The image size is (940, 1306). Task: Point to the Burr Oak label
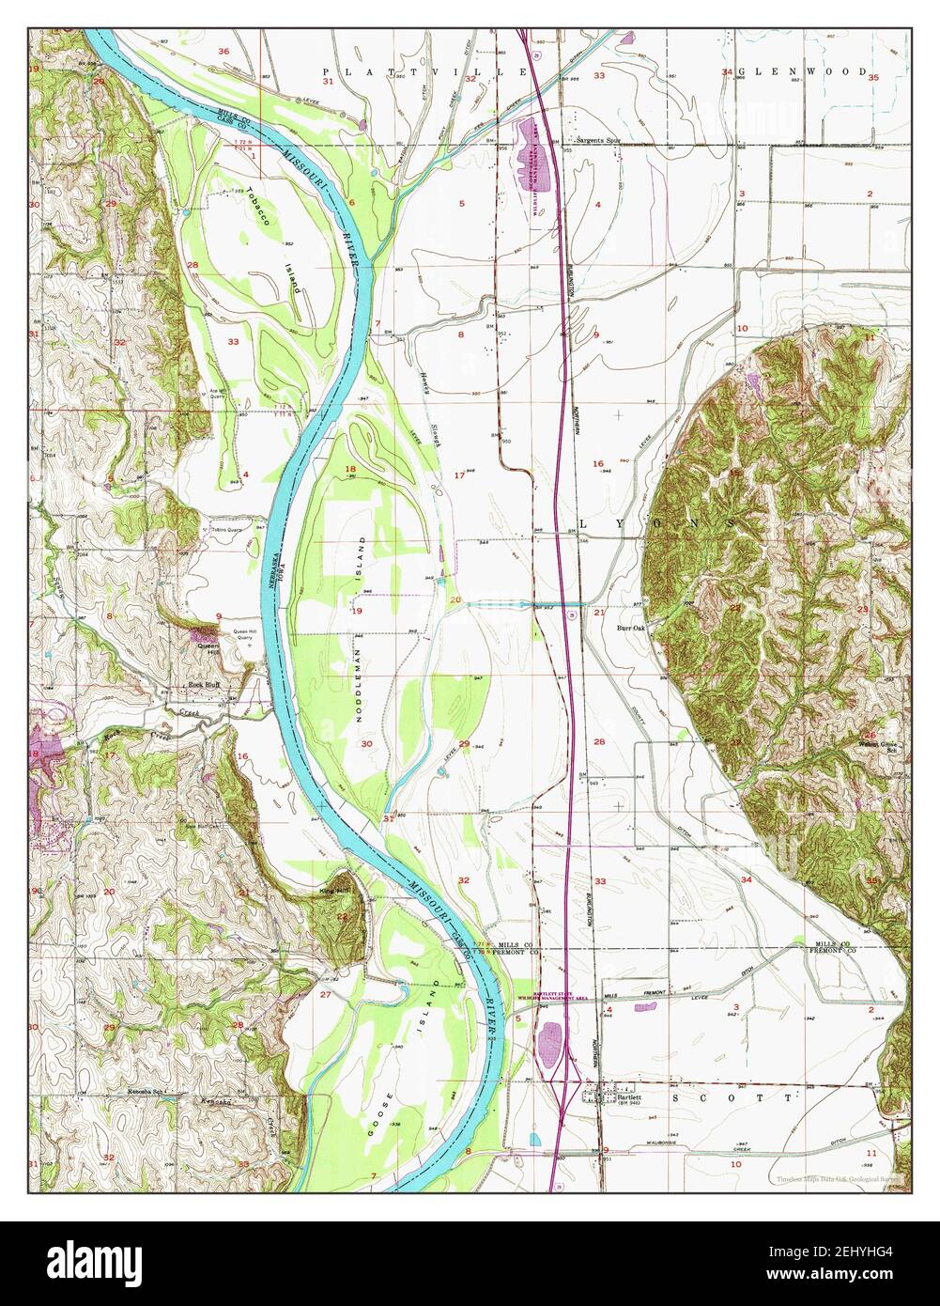click(x=631, y=628)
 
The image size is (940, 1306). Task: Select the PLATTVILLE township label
click(x=424, y=71)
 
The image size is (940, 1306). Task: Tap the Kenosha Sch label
click(x=146, y=1094)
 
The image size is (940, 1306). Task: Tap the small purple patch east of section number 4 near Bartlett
click(x=644, y=1007)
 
